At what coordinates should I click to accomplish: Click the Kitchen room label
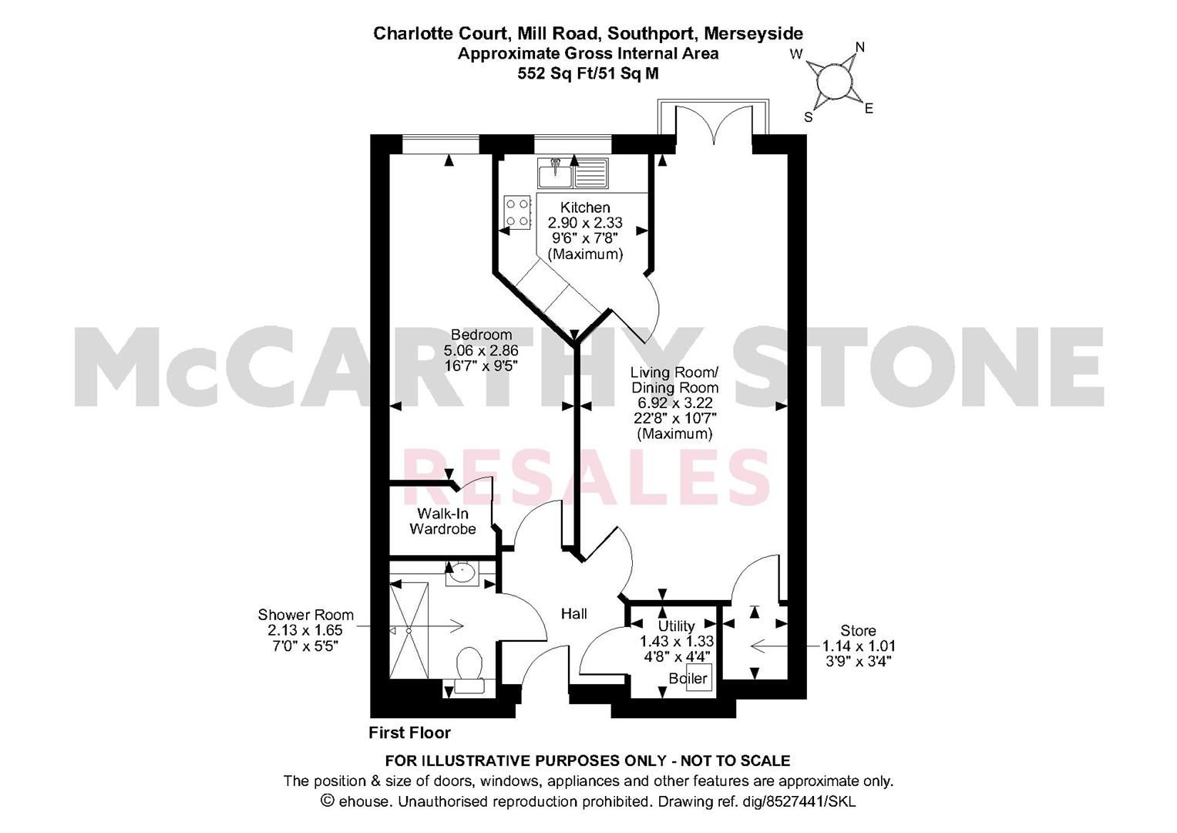pos(585,207)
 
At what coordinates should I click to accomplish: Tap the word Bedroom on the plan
pos(481,335)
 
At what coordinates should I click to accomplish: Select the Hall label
pos(573,613)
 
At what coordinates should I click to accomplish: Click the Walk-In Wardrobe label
pos(443,521)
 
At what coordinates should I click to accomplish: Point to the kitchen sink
pos(573,173)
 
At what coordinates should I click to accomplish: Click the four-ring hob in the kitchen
pos(517,212)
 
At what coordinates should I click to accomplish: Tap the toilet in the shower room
pos(469,670)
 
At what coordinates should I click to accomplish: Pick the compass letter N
pos(860,47)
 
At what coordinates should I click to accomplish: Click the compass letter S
pos(809,117)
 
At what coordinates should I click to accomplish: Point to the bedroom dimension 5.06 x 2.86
pos(481,349)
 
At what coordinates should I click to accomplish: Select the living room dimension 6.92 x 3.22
pos(674,403)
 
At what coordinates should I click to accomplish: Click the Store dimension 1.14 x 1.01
pos(859,646)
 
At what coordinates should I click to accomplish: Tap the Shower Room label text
pos(305,614)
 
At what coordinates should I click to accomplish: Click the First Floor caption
pos(410,733)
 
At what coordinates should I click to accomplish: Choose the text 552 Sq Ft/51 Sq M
pos(588,73)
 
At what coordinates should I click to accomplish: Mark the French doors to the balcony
pos(714,124)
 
